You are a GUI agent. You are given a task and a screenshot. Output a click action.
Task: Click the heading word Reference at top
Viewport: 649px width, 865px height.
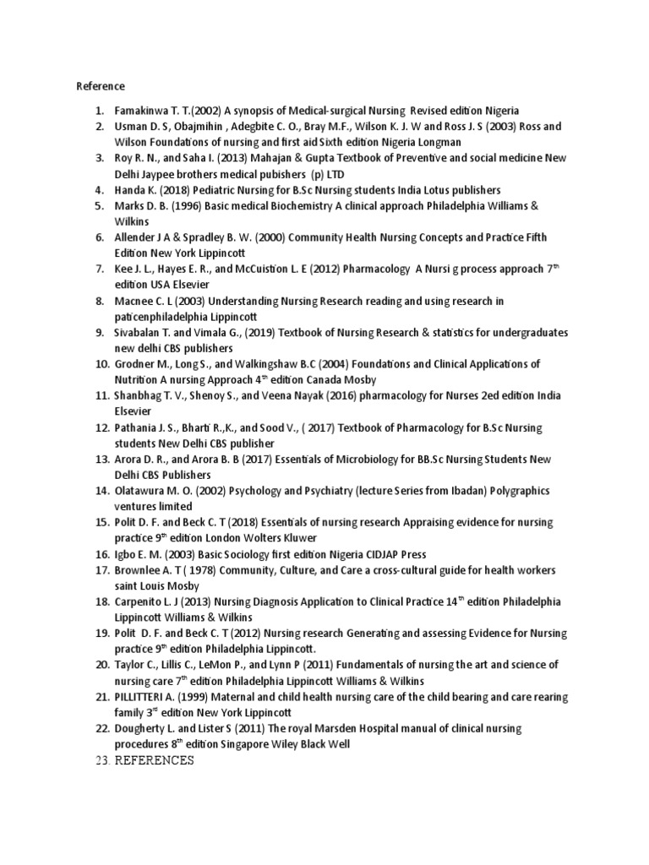[101, 86]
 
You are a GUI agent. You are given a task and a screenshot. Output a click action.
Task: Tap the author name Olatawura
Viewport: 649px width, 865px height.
[143, 491]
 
